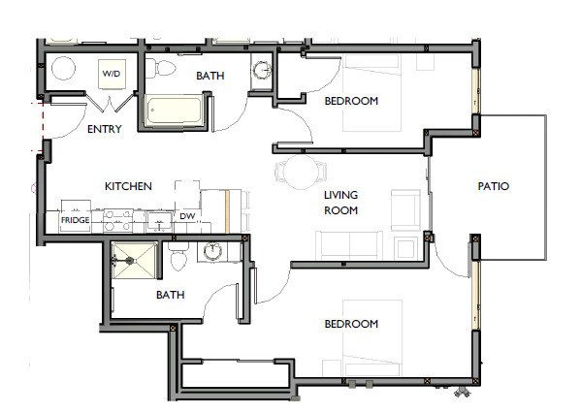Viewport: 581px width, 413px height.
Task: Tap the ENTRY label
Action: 105,130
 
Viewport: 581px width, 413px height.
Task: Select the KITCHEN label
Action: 128,185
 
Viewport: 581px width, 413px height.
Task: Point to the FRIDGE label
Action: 76,221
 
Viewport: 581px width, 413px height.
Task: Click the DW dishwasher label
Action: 187,216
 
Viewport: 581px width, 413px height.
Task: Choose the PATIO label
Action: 494,186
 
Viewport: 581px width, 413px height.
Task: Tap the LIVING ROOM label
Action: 341,203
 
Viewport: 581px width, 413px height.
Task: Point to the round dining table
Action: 296,172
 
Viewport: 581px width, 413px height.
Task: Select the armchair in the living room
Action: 404,206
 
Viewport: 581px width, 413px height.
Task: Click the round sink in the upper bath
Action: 263,71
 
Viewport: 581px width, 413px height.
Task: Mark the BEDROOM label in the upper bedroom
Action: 350,101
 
